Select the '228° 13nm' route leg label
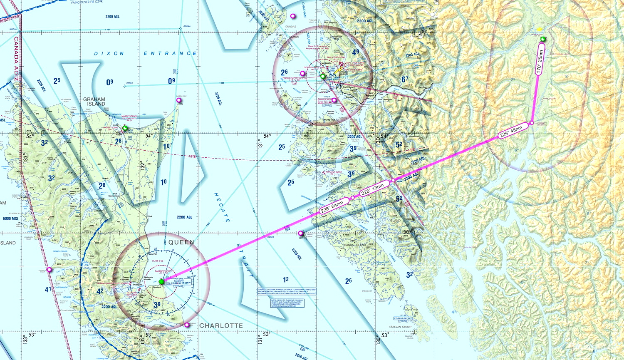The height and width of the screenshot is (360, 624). pos(372,190)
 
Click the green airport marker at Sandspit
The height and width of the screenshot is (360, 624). pos(161,282)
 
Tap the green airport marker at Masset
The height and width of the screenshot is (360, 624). pos(125,128)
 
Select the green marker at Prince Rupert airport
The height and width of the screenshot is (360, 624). pos(322,76)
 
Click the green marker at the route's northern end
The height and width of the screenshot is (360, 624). pos(542,39)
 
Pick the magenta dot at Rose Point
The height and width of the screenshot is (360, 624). pos(179,100)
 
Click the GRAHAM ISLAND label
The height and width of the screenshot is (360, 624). pos(94,102)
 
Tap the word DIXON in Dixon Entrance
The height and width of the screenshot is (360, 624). pos(109,54)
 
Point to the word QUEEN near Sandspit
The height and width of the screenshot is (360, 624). pos(181,242)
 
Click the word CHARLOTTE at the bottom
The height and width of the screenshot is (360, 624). pos(221,325)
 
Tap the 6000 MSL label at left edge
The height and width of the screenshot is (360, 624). pos(10,218)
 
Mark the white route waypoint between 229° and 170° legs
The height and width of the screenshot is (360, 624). pos(532,124)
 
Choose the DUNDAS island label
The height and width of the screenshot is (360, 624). pos(291,27)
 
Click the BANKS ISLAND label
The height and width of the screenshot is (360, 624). pos(355,245)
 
